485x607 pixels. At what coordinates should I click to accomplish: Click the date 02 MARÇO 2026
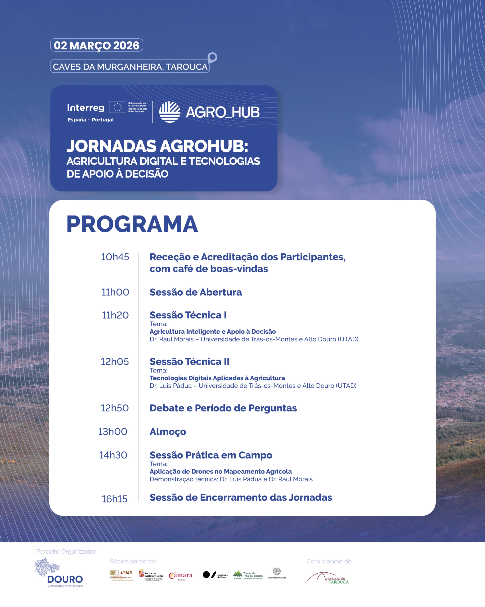tap(96, 45)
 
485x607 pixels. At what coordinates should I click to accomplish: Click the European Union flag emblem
tap(117, 107)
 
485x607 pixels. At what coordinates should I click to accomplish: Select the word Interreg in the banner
tap(86, 108)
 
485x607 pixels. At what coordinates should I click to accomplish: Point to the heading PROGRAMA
tap(132, 224)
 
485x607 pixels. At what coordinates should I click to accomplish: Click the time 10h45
tap(115, 257)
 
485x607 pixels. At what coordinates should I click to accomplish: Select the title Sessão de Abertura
tap(195, 292)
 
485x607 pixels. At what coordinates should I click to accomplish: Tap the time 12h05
tap(115, 362)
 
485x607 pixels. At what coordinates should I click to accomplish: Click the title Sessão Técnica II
tap(189, 362)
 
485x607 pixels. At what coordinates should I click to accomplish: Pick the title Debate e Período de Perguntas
tap(223, 408)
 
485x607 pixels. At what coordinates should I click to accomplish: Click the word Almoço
tap(168, 432)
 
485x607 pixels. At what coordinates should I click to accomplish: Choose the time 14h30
tap(113, 455)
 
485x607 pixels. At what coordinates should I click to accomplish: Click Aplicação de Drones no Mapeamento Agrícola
tap(220, 471)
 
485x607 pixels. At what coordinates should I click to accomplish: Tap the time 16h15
tap(114, 499)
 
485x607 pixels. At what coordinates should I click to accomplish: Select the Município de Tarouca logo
tap(328, 578)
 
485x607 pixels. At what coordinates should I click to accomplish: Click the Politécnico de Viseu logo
tap(215, 575)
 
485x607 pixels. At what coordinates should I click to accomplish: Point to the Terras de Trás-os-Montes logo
tap(248, 575)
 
